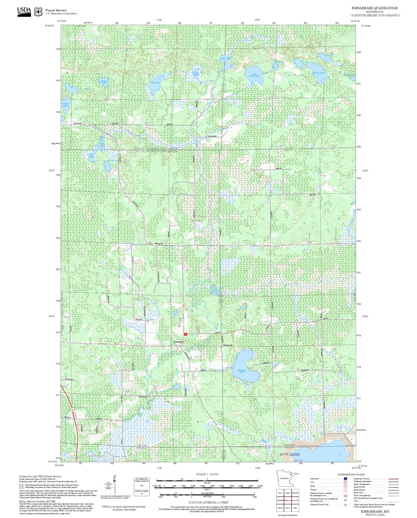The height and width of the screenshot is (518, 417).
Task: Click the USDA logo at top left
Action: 24,12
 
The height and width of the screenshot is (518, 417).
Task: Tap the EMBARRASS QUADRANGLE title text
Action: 374,8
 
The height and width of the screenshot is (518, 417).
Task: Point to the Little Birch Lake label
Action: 254,75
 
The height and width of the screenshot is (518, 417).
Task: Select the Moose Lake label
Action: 104,82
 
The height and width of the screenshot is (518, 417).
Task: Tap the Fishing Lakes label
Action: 318,73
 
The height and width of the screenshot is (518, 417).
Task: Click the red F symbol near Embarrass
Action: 185,334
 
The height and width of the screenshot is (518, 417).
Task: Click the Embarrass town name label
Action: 179,342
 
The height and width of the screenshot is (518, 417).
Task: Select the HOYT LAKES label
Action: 290,454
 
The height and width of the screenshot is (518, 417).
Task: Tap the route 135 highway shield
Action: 72,410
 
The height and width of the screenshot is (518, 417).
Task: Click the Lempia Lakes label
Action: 65,104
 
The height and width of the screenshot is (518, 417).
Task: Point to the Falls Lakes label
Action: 226,59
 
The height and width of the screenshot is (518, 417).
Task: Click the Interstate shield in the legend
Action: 345,479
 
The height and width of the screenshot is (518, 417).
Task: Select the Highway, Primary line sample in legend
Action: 393,479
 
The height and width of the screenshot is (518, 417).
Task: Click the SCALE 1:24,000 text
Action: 207,474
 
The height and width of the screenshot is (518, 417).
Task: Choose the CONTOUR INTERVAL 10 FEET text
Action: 208,502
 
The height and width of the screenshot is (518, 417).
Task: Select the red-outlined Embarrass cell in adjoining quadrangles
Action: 287,501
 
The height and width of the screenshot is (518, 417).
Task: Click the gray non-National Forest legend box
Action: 21,486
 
